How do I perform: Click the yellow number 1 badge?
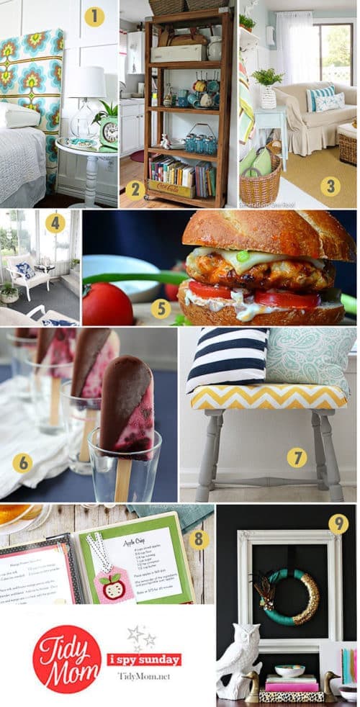click(x=94, y=17)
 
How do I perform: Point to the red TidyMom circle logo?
click(x=66, y=658)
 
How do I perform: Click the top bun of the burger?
click(x=266, y=233)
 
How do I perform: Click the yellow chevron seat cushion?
click(x=267, y=396)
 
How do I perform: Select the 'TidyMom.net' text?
click(x=148, y=677)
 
